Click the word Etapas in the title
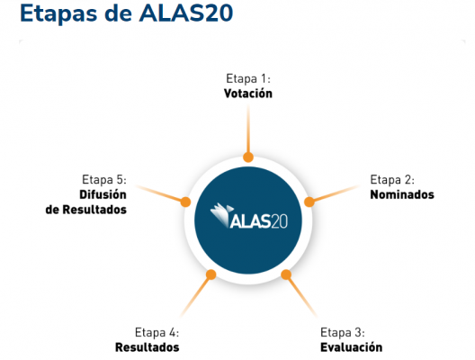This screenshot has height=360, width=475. coord(58,13)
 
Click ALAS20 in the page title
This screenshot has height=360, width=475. coord(186,13)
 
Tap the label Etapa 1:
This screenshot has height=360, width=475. coord(248,79)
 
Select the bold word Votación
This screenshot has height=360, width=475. coord(248,94)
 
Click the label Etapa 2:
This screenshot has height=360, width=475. coord(392,180)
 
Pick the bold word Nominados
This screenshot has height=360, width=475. coord(402,194)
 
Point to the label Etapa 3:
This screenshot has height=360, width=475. coord(343,332)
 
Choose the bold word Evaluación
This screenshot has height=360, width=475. coord(352,347)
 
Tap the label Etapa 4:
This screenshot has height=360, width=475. coord(157,332)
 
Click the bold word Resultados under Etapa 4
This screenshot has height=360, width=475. coord(148,347)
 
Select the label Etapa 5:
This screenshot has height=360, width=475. coord(104,180)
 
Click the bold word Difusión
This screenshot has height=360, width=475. coord(103,194)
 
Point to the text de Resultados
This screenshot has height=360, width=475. coord(86,210)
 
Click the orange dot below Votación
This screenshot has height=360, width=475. coord(248,157)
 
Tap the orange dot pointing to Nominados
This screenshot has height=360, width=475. coord(309,202)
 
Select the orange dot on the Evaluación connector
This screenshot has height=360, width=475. coord(286,274)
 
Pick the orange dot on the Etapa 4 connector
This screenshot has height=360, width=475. coord(211,274)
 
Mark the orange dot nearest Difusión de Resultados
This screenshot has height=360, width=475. coord(185,202)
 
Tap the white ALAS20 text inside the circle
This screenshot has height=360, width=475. coord(258,220)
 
